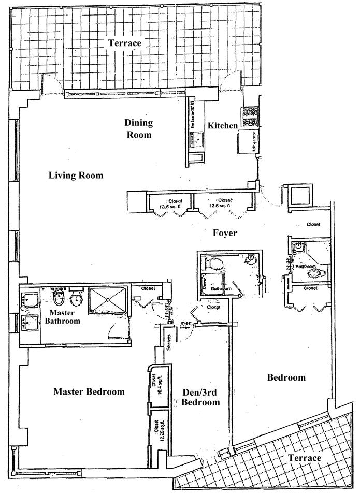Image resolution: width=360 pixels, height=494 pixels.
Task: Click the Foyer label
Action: tap(225, 234)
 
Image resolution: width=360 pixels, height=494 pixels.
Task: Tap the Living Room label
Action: tap(76, 176)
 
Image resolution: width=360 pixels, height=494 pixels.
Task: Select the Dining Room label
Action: tap(139, 129)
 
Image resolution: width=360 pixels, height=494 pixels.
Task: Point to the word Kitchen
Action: tap(223, 126)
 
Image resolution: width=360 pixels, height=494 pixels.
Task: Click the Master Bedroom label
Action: tap(89, 392)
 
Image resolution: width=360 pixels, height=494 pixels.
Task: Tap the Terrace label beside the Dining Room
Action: tap(124, 43)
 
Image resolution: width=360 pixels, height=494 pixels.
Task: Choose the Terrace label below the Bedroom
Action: tap(305, 458)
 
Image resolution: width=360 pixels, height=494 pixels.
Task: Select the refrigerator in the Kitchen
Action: tap(248, 142)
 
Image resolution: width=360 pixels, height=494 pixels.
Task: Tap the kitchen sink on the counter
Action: tap(197, 139)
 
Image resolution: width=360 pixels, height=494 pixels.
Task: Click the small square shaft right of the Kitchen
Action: tap(300, 195)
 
